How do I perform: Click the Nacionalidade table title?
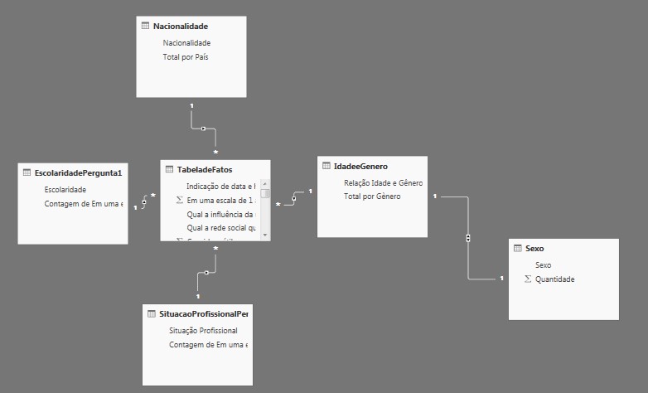click(181, 27)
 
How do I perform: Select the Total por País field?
click(186, 57)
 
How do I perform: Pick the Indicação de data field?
click(220, 187)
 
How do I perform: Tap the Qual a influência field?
click(220, 214)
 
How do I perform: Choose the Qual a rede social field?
click(221, 227)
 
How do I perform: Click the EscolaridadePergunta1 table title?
click(78, 173)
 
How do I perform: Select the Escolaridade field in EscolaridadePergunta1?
click(65, 189)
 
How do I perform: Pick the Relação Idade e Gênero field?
click(383, 182)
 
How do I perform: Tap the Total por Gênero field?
click(372, 196)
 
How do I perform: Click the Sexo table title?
click(535, 249)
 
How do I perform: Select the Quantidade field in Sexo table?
click(554, 279)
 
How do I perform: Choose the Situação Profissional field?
click(203, 330)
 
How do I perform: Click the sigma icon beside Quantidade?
click(528, 279)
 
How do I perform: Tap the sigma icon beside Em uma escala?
click(180, 201)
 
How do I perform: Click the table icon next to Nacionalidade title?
click(146, 27)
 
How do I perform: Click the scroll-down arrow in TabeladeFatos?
click(265, 235)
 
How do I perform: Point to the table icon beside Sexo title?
click(518, 249)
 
